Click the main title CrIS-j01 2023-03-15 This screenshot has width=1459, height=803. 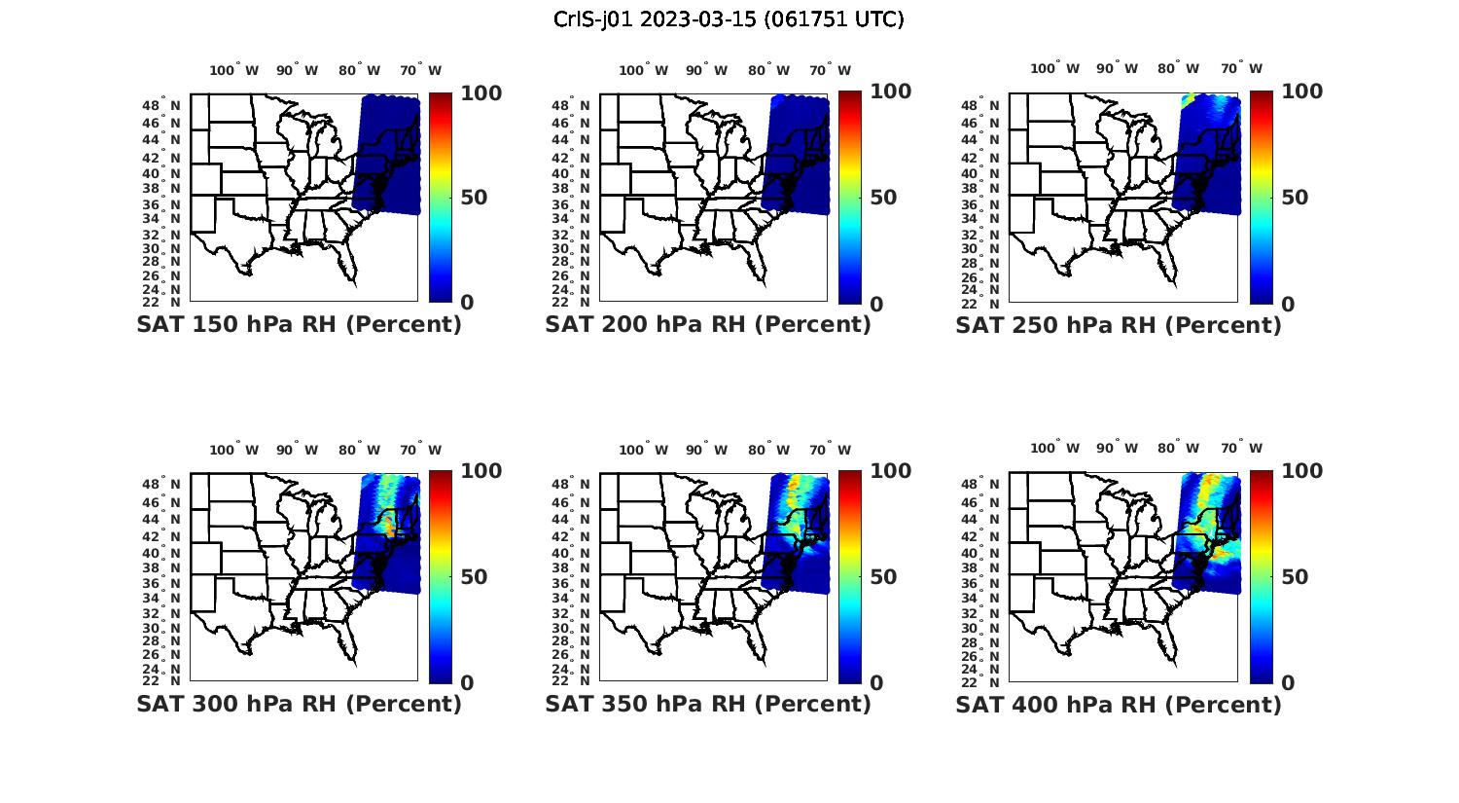(x=729, y=19)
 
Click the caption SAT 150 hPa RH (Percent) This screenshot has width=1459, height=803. (x=299, y=324)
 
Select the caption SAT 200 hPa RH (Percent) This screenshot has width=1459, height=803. (x=708, y=324)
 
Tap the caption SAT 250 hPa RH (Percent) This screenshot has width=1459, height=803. (x=1119, y=324)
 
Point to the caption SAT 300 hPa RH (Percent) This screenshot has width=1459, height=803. (x=299, y=703)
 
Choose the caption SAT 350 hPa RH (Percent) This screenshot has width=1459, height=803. (x=708, y=703)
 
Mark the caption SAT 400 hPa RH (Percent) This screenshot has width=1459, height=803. (x=1119, y=703)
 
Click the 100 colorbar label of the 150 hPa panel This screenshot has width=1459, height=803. (x=480, y=92)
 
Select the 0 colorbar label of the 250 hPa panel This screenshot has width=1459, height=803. (x=1288, y=304)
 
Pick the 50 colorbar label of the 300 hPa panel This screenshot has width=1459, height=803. (x=474, y=577)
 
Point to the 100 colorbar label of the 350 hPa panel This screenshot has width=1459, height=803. (x=890, y=471)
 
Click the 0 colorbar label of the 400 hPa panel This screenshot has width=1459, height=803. (x=1288, y=682)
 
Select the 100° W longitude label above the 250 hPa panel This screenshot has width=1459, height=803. (x=1055, y=68)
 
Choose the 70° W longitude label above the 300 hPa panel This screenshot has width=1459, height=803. (x=420, y=450)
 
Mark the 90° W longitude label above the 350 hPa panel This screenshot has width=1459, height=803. (x=707, y=450)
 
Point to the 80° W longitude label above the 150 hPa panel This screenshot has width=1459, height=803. (x=361, y=70)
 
